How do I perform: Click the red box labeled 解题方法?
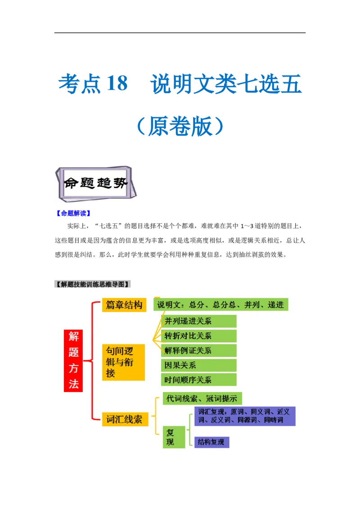tap(73, 360)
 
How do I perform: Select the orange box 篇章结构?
tap(124, 305)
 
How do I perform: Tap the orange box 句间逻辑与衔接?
tap(123, 362)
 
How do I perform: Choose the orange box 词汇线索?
tap(124, 420)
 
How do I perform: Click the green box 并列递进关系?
tap(198, 321)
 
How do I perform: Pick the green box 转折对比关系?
tap(198, 336)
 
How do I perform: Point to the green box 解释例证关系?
tap(198, 350)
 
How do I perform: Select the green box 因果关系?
tap(198, 365)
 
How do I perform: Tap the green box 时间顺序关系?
tap(198, 380)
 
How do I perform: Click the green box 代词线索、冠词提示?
tap(202, 398)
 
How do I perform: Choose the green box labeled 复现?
tap(174, 437)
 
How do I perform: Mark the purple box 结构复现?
tap(211, 442)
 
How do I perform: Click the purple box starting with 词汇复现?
tap(244, 416)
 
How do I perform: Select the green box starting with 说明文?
tap(220, 305)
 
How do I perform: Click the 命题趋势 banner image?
tap(97, 183)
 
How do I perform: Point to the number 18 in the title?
tap(116, 84)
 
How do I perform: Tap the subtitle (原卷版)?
tap(180, 126)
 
